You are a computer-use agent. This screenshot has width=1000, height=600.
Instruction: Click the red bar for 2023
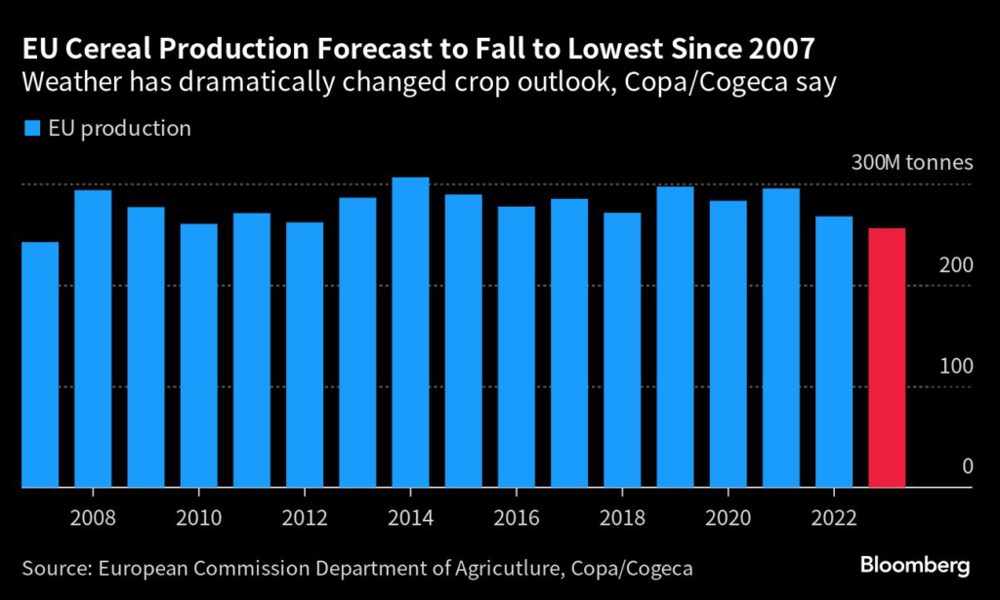(887, 357)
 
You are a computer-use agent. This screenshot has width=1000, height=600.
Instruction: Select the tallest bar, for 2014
(411, 332)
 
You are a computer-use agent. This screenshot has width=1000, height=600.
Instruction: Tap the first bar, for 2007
(40, 364)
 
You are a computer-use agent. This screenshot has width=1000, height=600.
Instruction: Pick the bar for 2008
(93, 338)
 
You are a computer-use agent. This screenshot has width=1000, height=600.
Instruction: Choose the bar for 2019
(675, 337)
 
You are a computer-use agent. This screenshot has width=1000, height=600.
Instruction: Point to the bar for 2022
(834, 351)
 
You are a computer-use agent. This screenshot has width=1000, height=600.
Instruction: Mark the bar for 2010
(199, 355)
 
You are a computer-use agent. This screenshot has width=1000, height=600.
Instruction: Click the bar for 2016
(517, 346)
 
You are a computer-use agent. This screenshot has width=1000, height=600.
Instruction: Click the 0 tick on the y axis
(968, 466)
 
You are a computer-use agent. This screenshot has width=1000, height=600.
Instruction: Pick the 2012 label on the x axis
(305, 513)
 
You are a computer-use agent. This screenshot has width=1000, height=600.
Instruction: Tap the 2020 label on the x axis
(729, 513)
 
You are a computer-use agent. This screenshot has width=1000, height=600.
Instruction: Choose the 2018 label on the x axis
(622, 513)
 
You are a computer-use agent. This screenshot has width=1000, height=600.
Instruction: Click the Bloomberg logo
(914, 565)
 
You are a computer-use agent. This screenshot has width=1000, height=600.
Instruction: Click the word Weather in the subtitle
(66, 82)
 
